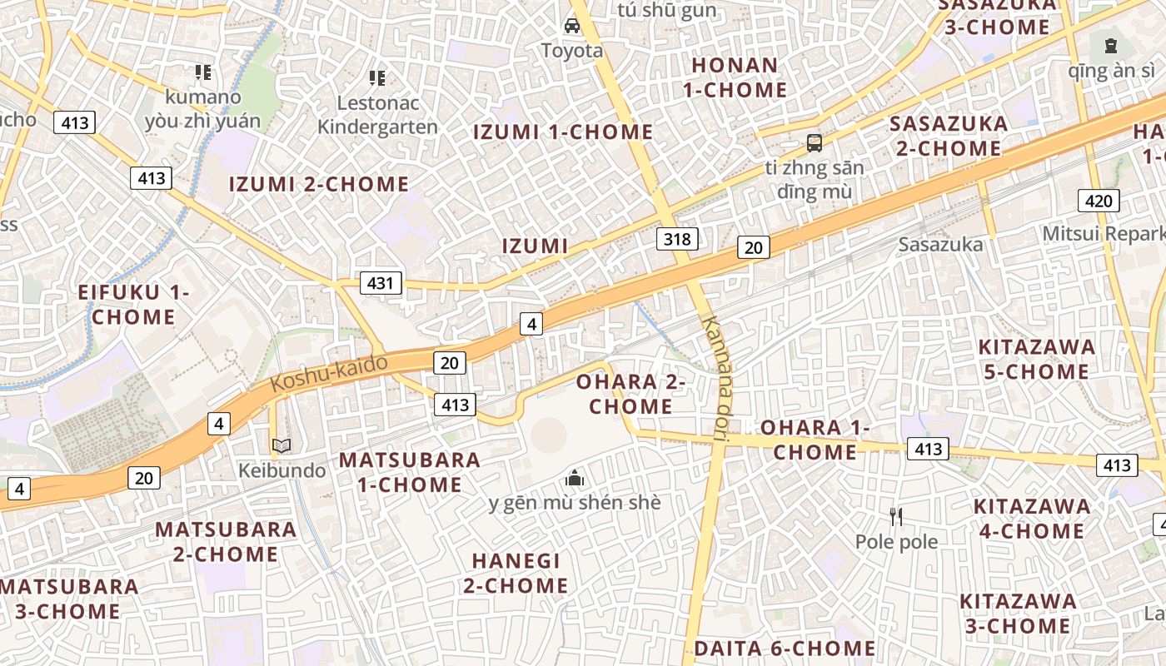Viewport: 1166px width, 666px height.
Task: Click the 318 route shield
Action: tap(677, 240)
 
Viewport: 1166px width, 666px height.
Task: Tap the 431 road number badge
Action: tap(381, 283)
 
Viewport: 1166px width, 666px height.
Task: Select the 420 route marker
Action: tap(1099, 200)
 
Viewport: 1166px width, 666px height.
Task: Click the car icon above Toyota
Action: tap(572, 25)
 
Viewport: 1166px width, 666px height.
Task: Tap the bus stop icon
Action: tap(814, 142)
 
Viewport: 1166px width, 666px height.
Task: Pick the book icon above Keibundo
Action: tap(282, 445)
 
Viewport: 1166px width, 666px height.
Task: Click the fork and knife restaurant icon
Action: tap(896, 517)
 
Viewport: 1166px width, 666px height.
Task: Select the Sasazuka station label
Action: tap(940, 245)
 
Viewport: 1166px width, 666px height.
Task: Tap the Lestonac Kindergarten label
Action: tap(377, 115)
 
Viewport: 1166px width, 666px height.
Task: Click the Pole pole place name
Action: tap(896, 542)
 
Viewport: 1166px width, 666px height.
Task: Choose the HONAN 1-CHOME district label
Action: tap(735, 77)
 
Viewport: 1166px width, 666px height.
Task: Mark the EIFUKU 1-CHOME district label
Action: tap(133, 305)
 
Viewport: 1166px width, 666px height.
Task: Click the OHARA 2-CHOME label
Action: tap(630, 394)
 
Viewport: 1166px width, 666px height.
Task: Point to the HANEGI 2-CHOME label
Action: tap(516, 573)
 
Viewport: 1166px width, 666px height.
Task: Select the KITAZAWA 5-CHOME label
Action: tap(1036, 359)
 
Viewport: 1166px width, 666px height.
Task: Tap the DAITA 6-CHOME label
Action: tap(784, 648)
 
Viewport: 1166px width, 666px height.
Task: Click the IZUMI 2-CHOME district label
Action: tap(319, 184)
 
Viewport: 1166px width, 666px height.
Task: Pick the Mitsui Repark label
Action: tap(1103, 233)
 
